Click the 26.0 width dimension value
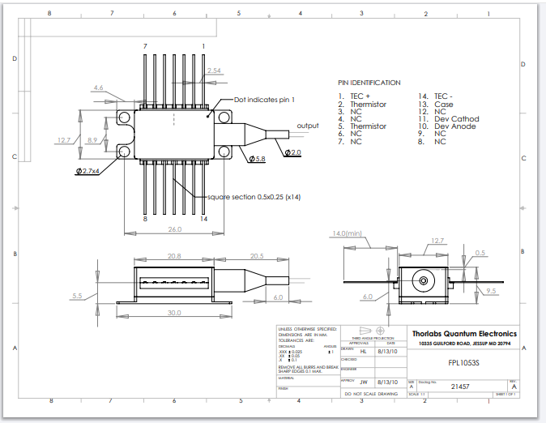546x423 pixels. point(174,229)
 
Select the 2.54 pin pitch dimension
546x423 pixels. point(214,71)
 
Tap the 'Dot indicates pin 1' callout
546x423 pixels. point(264,100)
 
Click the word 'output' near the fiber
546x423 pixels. point(307,126)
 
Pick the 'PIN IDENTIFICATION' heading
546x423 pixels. point(369,83)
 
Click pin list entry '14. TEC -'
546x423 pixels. point(435,96)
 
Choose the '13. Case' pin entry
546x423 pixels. point(436,104)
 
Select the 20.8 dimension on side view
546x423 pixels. point(173,256)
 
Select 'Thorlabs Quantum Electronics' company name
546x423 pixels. point(464,333)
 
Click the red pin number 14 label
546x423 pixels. point(204,219)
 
